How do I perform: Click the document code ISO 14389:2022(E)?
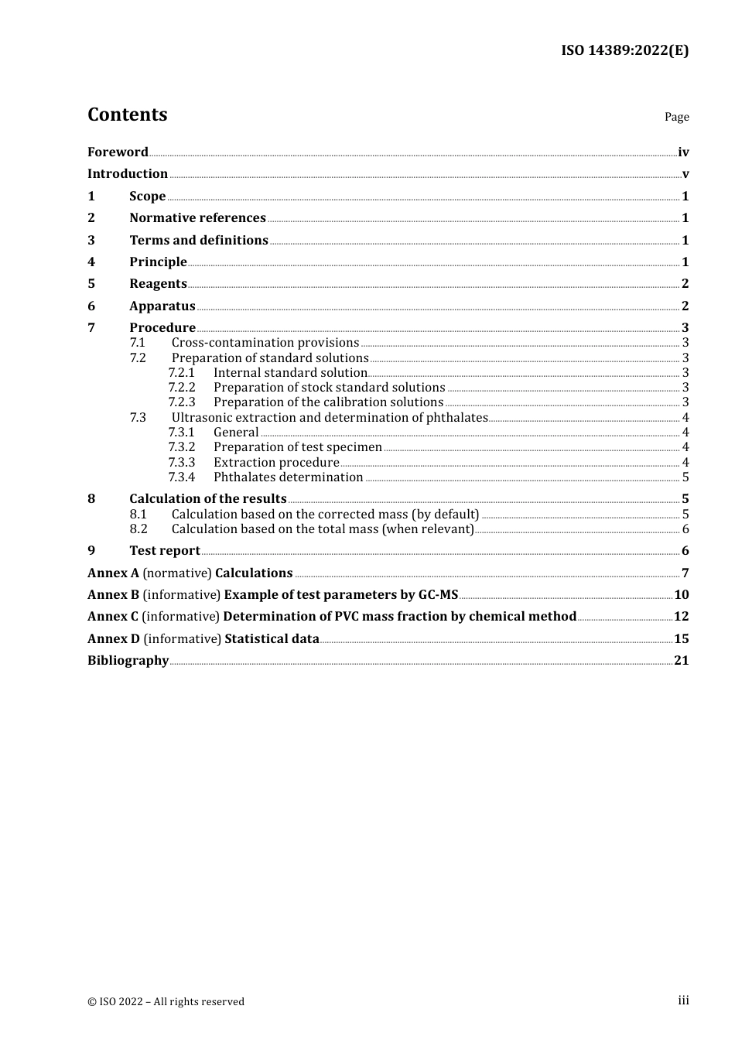click(624, 50)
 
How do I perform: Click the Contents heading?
click(127, 115)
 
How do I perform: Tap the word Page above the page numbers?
click(676, 117)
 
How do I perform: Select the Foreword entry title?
click(118, 152)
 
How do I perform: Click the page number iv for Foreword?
click(683, 152)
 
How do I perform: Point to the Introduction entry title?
click(128, 174)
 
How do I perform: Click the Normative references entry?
click(197, 218)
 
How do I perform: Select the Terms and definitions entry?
click(199, 241)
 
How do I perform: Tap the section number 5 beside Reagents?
click(91, 284)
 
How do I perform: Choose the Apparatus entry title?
click(162, 306)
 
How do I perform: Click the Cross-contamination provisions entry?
click(265, 343)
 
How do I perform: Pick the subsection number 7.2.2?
click(182, 388)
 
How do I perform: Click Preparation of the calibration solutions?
click(328, 402)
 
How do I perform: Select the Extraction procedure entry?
click(276, 463)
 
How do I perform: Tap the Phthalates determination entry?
click(288, 477)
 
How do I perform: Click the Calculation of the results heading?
click(208, 499)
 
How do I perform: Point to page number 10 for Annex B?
click(682, 595)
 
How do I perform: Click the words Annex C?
click(113, 617)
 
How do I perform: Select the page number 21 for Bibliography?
click(682, 661)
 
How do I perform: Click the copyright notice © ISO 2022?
click(166, 1001)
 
